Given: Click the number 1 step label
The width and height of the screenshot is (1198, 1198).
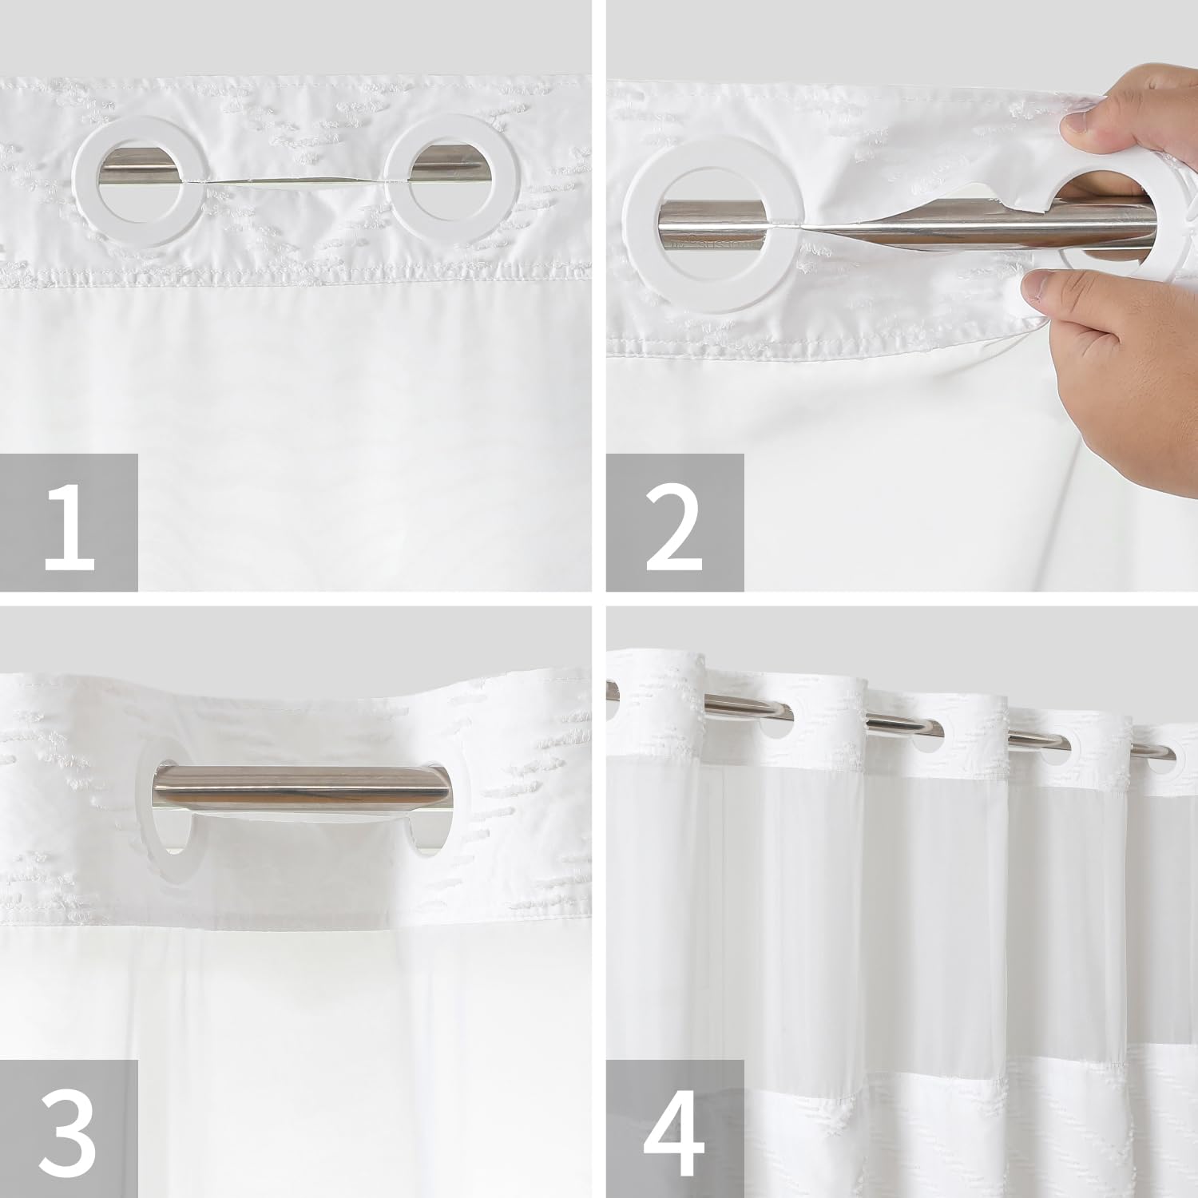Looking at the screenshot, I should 69,522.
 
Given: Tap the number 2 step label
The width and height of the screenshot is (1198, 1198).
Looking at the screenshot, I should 675,522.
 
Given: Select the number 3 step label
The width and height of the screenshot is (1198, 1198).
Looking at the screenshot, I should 69,1128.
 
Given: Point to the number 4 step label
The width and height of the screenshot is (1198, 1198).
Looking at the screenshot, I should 675,1128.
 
